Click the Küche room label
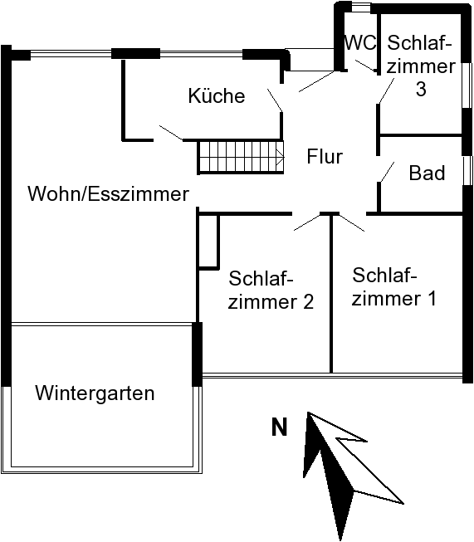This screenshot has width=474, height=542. point(217,95)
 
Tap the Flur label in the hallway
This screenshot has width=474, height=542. point(325,156)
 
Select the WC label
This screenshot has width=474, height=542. point(360,42)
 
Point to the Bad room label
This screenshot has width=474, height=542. point(427,173)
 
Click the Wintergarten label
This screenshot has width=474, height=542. point(95,393)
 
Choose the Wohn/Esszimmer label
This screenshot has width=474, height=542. point(108,193)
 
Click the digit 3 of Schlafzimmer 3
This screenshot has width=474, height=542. point(420,89)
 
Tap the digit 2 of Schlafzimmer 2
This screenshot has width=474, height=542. point(308,302)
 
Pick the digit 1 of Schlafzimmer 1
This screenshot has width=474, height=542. point(431,298)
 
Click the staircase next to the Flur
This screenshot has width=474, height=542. point(241,157)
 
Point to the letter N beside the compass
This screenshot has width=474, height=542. point(280,427)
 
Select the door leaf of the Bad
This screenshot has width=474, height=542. point(387,172)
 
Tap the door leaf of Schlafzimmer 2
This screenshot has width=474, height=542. point(307,222)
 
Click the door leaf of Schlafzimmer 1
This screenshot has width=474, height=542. point(352,222)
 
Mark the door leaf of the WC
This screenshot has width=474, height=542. point(366,66)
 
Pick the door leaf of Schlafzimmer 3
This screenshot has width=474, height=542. point(387,90)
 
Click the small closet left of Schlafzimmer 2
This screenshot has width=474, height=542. point(208,242)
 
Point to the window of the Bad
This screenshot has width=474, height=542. point(468,171)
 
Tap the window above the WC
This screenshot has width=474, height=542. point(361,8)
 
